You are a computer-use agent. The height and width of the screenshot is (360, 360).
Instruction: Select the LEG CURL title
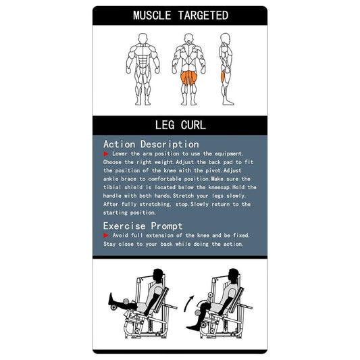click(180, 125)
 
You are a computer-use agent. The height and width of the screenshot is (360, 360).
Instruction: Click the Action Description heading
click(151, 144)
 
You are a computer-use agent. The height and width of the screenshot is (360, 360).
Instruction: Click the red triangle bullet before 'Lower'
click(106, 155)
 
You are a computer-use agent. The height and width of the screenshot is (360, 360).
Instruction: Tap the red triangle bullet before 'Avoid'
click(106, 236)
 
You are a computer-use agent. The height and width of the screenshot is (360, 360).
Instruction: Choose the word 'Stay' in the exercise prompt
click(111, 244)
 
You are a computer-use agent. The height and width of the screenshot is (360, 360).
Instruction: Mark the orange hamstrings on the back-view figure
click(186, 80)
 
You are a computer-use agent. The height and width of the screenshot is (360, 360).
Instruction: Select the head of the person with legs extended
click(158, 275)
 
